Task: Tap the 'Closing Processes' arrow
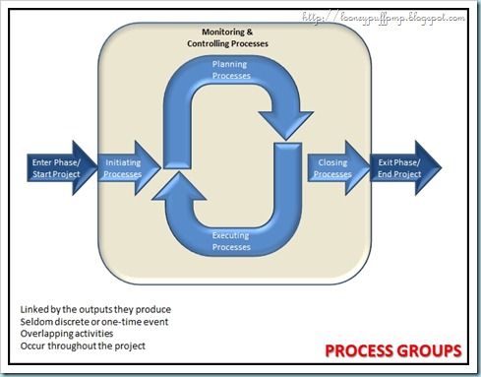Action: pos(332,167)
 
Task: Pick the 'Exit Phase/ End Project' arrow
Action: pos(398,167)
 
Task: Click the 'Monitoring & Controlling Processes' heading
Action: pos(227,38)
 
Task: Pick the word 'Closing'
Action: pos(332,161)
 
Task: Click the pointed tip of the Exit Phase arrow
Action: pos(439,167)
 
